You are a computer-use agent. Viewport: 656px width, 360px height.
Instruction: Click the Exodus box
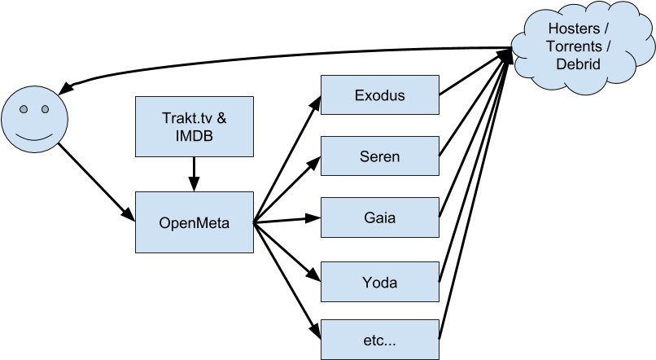(x=380, y=95)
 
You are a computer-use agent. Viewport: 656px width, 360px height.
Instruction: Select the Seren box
(x=380, y=156)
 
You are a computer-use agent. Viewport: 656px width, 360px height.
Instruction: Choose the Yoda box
(x=380, y=282)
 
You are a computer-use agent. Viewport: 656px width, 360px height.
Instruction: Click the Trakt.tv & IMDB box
(x=195, y=126)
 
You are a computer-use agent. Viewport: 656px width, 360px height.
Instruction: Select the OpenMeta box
(x=195, y=222)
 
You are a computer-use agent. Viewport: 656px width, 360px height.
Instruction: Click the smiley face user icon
(x=33, y=120)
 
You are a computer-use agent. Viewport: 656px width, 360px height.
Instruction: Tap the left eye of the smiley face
(x=24, y=109)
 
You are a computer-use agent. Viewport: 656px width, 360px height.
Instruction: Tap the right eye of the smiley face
(x=42, y=109)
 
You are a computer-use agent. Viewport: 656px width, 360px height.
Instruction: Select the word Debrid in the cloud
(x=574, y=64)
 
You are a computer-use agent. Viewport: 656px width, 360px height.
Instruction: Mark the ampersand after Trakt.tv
(x=221, y=117)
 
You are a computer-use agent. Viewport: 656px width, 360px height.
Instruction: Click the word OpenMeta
(x=195, y=222)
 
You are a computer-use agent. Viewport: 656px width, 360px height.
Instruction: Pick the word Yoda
(x=380, y=282)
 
